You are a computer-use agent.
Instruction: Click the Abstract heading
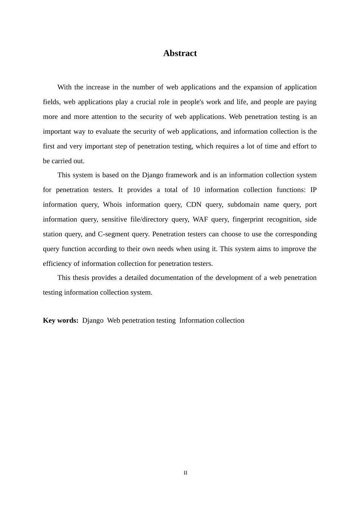[180, 53]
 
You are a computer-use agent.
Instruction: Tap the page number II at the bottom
[185, 473]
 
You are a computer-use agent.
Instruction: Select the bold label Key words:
[61, 320]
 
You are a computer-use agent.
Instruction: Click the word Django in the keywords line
[93, 320]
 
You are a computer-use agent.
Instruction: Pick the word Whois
[113, 205]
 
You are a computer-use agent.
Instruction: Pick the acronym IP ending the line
[313, 190]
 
